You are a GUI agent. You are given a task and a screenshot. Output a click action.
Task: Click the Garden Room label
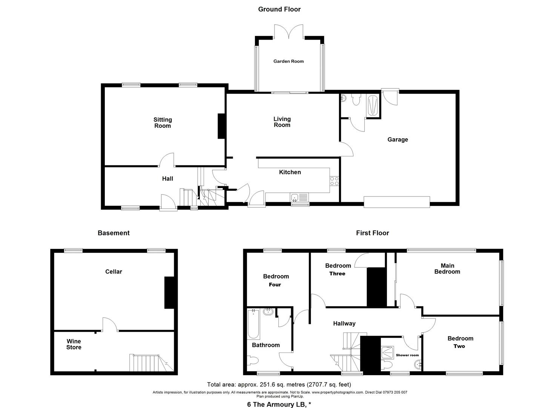(288, 61)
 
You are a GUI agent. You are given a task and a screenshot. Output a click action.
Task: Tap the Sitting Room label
(163, 123)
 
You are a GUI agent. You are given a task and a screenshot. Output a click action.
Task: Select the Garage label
(397, 139)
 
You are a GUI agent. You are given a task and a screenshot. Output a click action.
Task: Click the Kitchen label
(290, 172)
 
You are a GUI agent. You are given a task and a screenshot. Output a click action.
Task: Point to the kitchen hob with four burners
(334, 181)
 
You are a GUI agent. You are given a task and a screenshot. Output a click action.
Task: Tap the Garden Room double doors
(288, 32)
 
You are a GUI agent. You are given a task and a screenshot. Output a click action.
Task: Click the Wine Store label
(74, 344)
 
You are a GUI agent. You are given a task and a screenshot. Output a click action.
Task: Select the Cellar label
(114, 272)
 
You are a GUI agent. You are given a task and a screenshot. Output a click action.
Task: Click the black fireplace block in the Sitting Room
(221, 126)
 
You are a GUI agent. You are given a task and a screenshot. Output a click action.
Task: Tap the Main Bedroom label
(447, 269)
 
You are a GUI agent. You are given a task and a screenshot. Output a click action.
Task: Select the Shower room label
(407, 355)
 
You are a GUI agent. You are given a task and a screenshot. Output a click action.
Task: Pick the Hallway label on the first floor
(344, 323)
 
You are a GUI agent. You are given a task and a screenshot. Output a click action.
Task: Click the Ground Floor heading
(279, 9)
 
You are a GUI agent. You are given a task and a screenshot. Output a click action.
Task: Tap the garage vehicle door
(397, 202)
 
